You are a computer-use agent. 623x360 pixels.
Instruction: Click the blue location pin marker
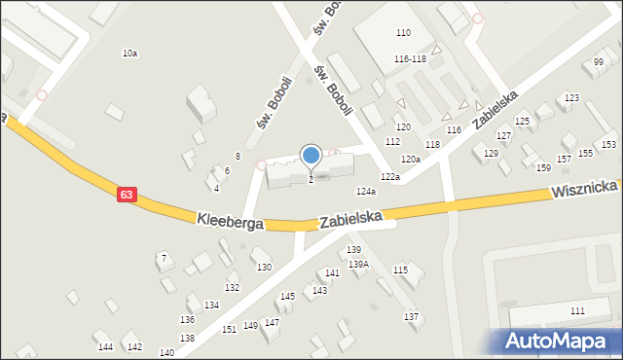311,156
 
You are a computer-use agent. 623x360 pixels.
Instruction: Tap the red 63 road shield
127,195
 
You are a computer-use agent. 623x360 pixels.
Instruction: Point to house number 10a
129,54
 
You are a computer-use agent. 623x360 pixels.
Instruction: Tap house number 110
403,33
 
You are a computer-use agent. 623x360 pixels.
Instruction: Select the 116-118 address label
410,59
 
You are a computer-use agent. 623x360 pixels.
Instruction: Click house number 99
599,62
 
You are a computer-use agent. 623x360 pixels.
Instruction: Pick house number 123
571,98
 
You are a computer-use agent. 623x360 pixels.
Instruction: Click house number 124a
366,192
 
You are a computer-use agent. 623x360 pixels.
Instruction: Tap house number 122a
390,176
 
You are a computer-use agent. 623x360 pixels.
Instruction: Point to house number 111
577,310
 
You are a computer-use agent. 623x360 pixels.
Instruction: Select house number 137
412,317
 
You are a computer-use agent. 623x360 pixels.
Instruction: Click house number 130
263,267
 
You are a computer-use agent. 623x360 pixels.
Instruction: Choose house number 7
164,258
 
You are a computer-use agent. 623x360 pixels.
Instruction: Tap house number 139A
359,264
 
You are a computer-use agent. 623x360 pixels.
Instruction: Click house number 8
238,157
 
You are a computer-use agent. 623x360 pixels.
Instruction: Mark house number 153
608,145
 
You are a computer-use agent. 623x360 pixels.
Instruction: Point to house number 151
229,330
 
